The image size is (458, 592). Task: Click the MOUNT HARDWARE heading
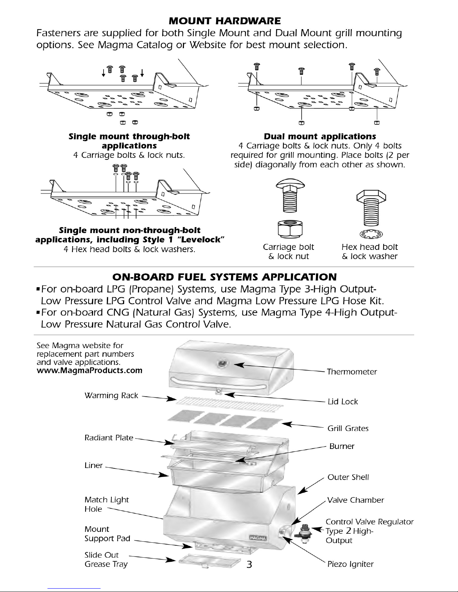click(224, 20)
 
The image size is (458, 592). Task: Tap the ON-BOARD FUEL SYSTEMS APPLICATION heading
click(224, 277)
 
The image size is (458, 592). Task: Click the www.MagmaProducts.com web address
click(90, 371)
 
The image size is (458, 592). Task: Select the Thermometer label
click(351, 372)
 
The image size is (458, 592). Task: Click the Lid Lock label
click(342, 402)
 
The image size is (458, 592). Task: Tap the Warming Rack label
click(111, 395)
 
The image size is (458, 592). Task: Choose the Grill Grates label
click(348, 428)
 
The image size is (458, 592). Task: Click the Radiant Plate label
click(109, 437)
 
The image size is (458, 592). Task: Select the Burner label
click(342, 446)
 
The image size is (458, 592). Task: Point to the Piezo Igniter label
click(350, 564)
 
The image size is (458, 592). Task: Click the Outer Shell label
click(348, 477)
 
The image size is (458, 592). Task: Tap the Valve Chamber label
click(355, 500)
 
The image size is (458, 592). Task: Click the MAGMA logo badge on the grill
click(258, 537)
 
